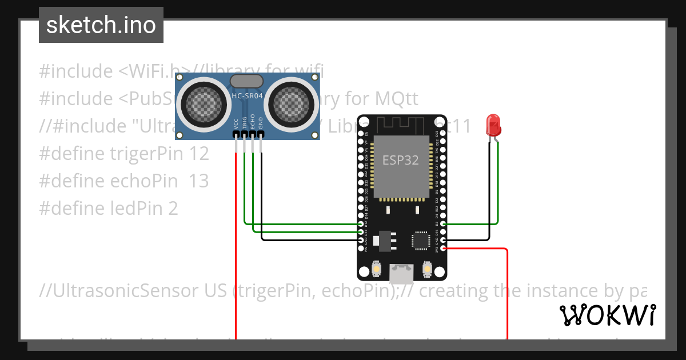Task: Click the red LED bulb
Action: click(x=493, y=125)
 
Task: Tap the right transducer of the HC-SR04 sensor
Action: click(x=294, y=103)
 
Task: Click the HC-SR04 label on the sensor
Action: click(x=247, y=96)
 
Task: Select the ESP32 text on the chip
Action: click(x=401, y=161)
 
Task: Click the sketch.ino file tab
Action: click(x=101, y=25)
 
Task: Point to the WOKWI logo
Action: click(x=607, y=315)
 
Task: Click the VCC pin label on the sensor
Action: click(x=236, y=123)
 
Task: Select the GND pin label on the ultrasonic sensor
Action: click(x=261, y=123)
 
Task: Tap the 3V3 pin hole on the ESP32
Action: click(x=443, y=248)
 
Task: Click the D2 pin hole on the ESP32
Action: click(x=443, y=225)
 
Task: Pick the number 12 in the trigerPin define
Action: click(x=198, y=154)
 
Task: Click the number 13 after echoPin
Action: click(x=198, y=181)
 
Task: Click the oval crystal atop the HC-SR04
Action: click(x=246, y=81)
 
